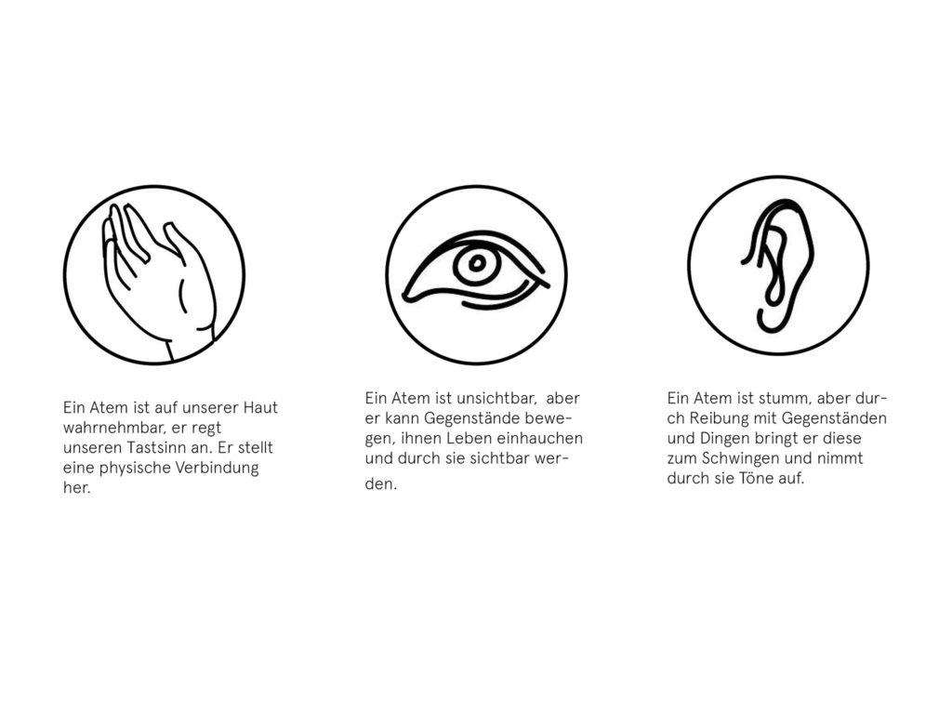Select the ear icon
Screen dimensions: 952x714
click(778, 265)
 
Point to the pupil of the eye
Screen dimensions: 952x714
click(477, 263)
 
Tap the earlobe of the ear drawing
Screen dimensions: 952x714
click(770, 321)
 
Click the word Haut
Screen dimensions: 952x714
click(260, 407)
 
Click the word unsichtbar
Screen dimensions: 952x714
click(496, 398)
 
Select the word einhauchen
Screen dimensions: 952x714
click(540, 439)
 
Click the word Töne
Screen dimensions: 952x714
click(755, 479)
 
